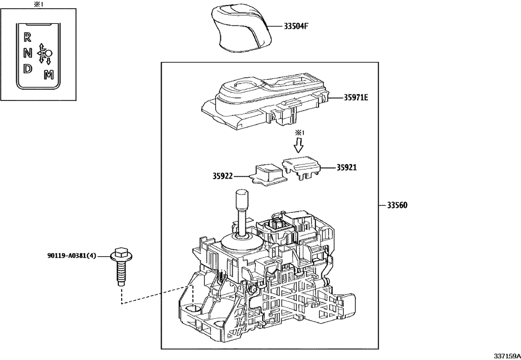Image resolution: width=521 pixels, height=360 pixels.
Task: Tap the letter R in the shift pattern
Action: pos(27,37)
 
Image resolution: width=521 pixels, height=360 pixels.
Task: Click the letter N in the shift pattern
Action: pos(28,53)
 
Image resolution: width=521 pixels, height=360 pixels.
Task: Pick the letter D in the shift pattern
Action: pos(28,69)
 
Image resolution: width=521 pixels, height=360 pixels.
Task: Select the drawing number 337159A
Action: pos(503,355)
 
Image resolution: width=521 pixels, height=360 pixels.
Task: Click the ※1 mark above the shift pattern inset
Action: pos(38,4)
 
